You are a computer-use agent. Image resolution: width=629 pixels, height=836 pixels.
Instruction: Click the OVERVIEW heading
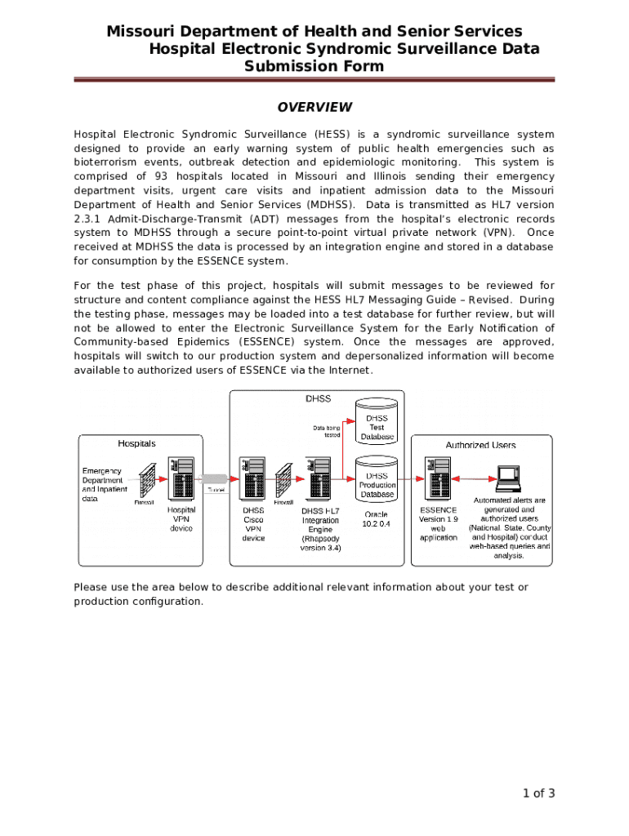coord(314,107)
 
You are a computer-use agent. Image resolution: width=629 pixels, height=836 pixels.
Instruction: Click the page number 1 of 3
coord(539,793)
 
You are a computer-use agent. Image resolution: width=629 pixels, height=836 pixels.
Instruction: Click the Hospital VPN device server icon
coord(181,478)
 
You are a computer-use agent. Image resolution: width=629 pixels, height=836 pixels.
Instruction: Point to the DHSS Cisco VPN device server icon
coord(252,478)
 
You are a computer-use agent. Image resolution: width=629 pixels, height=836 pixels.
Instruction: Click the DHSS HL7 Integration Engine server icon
coord(319,478)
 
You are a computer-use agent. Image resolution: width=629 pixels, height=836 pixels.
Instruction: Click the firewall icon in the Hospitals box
coord(147,482)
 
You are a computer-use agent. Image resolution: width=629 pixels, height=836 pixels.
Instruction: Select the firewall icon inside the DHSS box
coord(284,482)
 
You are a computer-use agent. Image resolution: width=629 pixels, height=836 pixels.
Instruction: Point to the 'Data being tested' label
coord(327,431)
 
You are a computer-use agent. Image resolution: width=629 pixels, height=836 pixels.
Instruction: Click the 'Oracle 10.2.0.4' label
coord(377,519)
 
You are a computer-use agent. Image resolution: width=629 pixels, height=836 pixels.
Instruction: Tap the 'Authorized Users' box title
coord(480,445)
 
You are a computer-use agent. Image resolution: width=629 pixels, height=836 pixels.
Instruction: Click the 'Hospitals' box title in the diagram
coord(136,443)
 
